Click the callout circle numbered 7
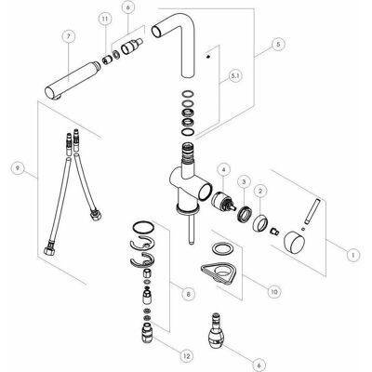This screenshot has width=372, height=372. (69, 36)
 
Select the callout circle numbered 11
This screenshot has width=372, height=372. (106, 20)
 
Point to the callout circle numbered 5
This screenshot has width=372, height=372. (278, 45)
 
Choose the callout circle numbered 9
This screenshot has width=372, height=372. (18, 168)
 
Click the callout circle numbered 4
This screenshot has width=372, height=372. (224, 170)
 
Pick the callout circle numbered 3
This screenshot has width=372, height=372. (244, 180)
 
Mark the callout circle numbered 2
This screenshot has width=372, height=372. (260, 191)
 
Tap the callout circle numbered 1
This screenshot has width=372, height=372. (352, 255)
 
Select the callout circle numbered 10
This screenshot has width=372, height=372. (274, 291)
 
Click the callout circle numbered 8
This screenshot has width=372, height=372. (189, 294)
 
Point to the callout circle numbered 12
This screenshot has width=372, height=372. (187, 355)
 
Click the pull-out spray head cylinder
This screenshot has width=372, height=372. (72, 81)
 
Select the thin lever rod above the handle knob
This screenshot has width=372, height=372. (312, 211)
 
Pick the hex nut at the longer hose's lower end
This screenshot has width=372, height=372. (49, 251)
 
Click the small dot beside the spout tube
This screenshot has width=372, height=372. (208, 57)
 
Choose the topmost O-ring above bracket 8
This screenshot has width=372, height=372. (143, 227)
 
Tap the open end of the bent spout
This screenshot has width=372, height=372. (157, 32)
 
